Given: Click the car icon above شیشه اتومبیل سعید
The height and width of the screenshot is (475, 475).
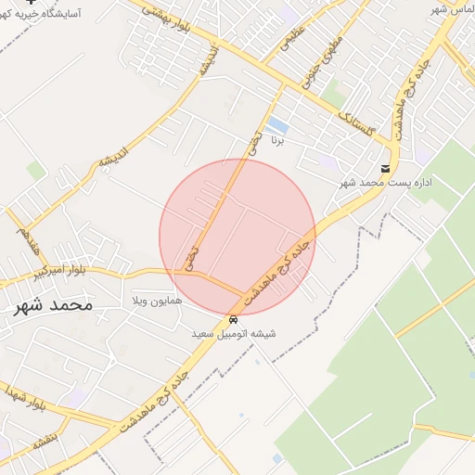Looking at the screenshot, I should tap(232, 319).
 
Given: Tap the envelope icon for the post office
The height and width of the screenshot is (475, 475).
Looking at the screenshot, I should tap(385, 168).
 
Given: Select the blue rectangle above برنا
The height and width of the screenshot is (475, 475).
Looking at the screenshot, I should tap(276, 125).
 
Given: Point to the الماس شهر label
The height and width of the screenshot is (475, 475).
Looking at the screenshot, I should tap(451, 9).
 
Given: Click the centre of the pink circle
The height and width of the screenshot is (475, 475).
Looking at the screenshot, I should tap(237, 237).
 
